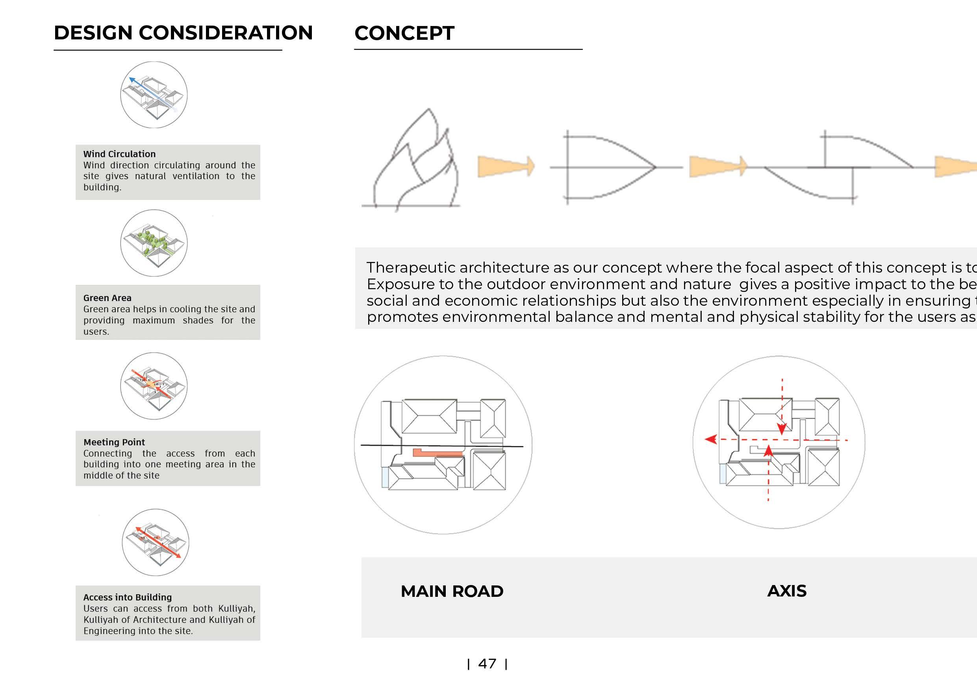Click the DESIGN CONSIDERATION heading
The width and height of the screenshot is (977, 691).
click(183, 33)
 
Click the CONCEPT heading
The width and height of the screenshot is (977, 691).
click(404, 33)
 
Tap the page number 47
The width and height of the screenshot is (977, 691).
click(487, 663)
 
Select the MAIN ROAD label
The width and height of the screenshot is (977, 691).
click(452, 591)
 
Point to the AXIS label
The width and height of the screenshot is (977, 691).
click(787, 591)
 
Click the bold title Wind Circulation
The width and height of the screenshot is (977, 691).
click(120, 154)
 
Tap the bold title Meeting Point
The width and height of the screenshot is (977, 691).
click(114, 442)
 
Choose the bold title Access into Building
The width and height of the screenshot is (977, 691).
click(128, 597)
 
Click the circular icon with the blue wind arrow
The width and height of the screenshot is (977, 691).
click(154, 95)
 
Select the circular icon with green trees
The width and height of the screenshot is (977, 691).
click(154, 243)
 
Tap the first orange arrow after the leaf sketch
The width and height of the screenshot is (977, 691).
click(506, 166)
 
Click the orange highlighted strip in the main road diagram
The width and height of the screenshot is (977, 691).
click(438, 453)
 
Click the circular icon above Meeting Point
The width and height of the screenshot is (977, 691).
click(154, 386)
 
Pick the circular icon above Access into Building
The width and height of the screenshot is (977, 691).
click(155, 542)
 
